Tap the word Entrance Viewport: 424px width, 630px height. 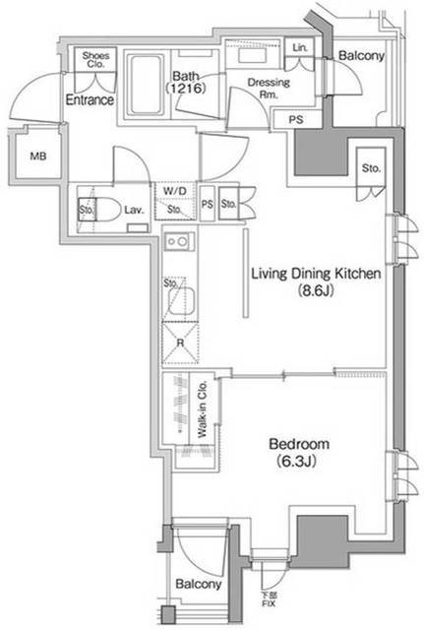click(x=91, y=99)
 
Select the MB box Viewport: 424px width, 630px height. click(x=37, y=157)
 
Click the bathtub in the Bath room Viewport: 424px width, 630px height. click(x=148, y=84)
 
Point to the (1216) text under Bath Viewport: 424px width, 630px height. click(x=187, y=90)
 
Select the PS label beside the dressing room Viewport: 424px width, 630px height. click(x=295, y=120)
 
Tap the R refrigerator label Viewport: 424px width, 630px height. click(x=180, y=343)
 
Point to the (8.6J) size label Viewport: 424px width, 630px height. click(x=313, y=291)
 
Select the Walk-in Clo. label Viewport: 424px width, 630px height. click(x=200, y=416)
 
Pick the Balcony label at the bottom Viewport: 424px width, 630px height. click(x=198, y=585)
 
